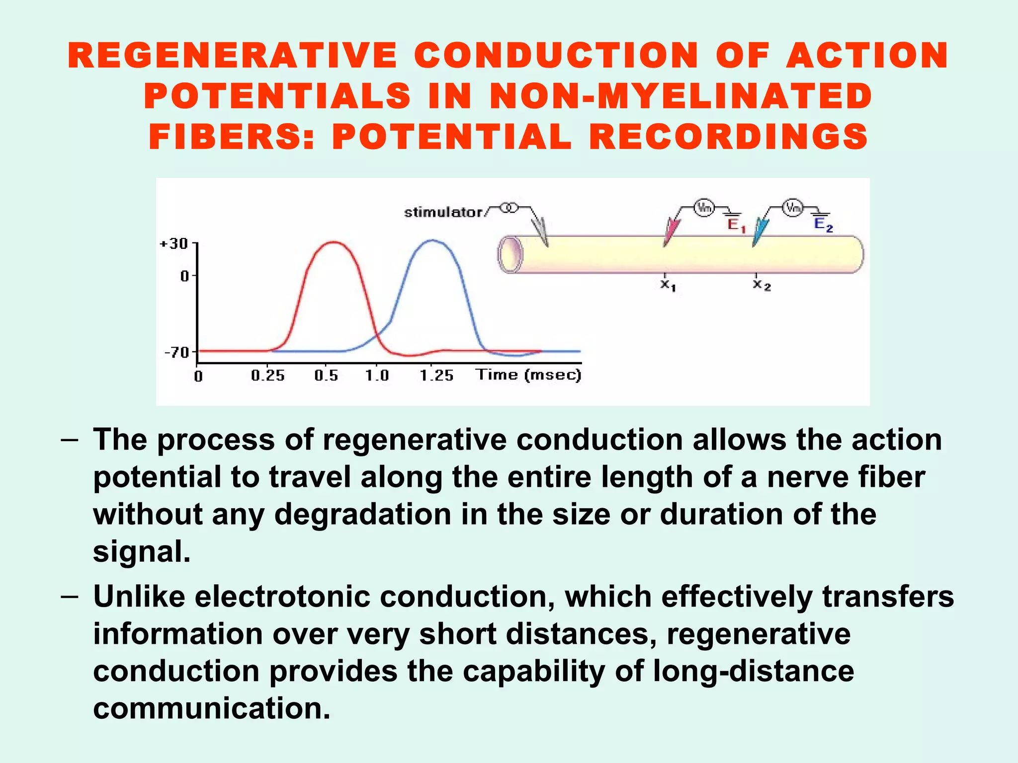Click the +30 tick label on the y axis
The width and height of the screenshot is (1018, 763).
tap(173, 244)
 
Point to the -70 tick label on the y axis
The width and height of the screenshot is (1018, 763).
tap(177, 353)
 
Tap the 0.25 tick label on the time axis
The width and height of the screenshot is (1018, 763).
tap(267, 376)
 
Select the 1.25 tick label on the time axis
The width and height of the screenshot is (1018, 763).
tap(436, 376)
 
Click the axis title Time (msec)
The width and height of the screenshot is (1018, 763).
tap(528, 375)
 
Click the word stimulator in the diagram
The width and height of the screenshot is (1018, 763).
tap(443, 213)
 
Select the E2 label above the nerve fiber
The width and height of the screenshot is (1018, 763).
tap(823, 225)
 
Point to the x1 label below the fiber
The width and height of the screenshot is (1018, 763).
tap(668, 285)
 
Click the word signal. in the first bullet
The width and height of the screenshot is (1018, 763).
tap(142, 551)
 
